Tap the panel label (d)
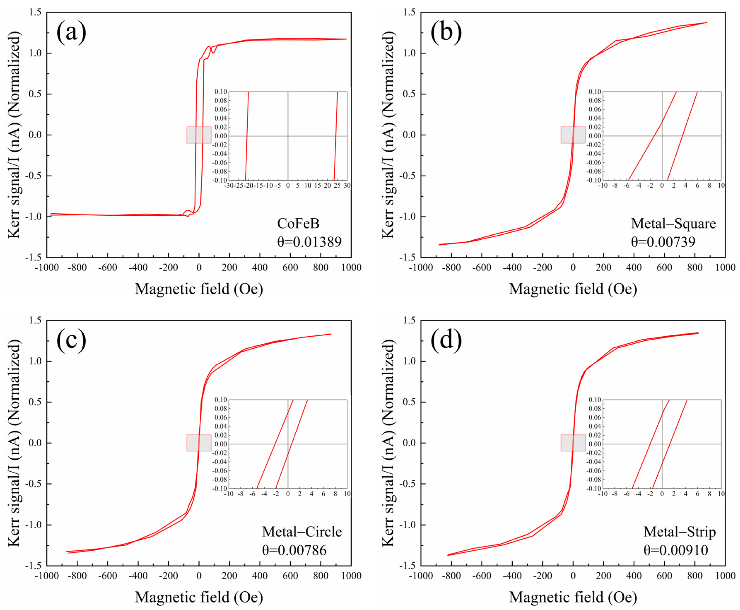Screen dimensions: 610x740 tap(446, 340)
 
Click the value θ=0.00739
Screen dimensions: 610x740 tap(663, 242)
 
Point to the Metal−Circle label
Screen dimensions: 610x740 tap(301, 532)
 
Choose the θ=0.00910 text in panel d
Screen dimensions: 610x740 tap(675, 550)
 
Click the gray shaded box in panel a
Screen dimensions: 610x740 tap(199, 135)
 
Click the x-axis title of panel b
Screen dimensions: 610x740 tap(573, 289)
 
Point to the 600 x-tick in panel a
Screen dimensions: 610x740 tap(290, 268)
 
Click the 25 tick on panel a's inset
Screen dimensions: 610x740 tap(337, 186)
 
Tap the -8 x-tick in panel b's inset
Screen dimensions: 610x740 tap(615, 186)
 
